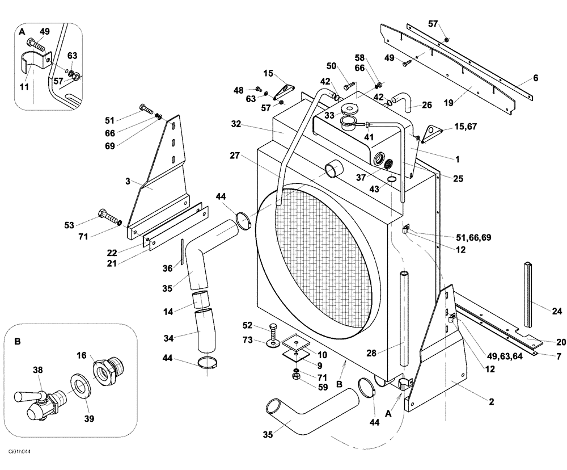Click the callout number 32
(x=236, y=124)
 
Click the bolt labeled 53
(x=108, y=216)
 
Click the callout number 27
(x=236, y=155)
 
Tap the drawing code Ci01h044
(x=18, y=451)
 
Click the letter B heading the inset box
(x=17, y=342)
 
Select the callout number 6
(x=535, y=78)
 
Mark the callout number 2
(x=491, y=402)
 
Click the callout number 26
(x=427, y=105)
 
